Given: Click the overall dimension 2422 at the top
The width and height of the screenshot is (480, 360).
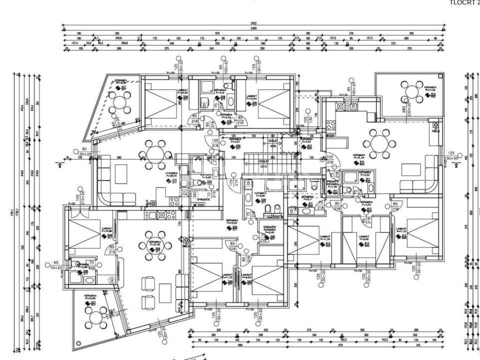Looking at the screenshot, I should pyautogui.click(x=253, y=23).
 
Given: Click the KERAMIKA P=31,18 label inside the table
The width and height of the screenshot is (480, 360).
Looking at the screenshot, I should pyautogui.click(x=155, y=244).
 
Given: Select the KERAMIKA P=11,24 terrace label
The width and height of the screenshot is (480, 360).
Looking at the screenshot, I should pyautogui.click(x=430, y=90).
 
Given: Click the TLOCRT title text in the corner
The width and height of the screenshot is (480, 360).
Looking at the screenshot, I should pyautogui.click(x=464, y=3).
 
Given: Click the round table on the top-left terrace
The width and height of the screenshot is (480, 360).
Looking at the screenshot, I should pyautogui.click(x=122, y=100).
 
